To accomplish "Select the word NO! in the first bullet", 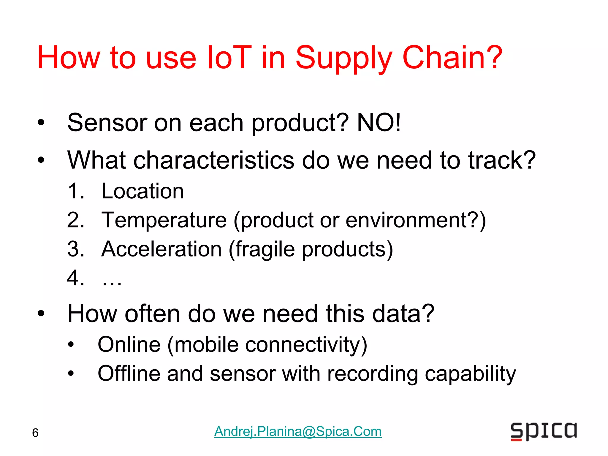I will tap(379, 123).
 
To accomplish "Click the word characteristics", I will tap(214, 160).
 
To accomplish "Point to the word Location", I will tap(142, 191).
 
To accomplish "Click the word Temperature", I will tap(164, 220).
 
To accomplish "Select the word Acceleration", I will tap(161, 249).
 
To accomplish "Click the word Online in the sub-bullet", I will tap(129, 344).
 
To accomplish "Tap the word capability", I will tap(471, 374).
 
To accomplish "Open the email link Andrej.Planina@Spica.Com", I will tap(298, 431).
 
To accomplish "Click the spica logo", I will tap(544, 431).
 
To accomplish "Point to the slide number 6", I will tap(35, 433).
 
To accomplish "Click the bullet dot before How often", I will tap(41, 313).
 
